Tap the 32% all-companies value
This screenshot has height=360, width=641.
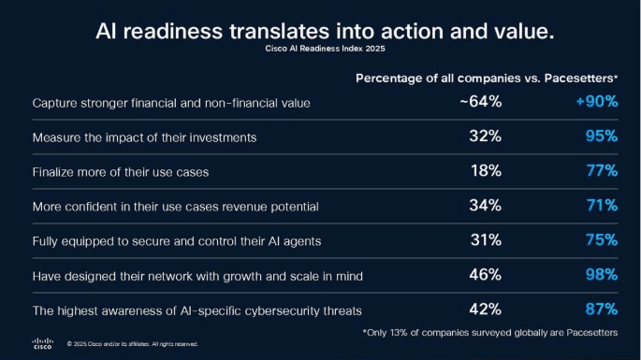click(486, 137)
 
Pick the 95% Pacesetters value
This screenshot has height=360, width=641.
click(599, 137)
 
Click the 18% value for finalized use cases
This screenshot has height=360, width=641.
click(486, 171)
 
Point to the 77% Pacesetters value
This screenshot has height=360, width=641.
click(599, 171)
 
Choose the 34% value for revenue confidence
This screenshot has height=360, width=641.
click(486, 206)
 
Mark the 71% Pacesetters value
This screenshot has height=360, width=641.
click(599, 206)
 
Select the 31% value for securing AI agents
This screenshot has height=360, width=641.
click(486, 240)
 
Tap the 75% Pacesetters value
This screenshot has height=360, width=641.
click(599, 240)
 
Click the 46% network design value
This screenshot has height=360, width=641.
click(486, 275)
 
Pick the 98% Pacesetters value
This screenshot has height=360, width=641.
click(599, 275)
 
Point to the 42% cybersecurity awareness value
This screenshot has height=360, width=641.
click(486, 309)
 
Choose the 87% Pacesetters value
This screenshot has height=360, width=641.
click(599, 309)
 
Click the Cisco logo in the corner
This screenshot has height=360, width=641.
click(43, 342)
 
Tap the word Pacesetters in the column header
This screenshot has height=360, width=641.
click(580, 78)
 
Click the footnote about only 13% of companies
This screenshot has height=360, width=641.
click(489, 332)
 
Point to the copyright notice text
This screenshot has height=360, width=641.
click(132, 344)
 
